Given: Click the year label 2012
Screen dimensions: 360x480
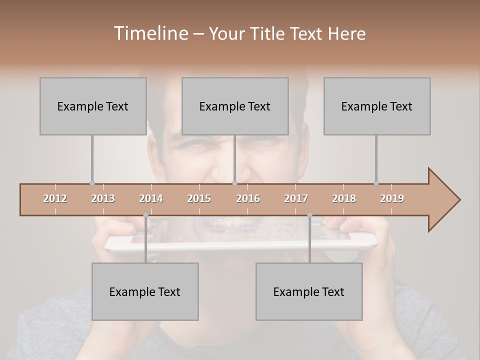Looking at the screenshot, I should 55,198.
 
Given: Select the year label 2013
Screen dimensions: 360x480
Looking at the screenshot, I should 103,198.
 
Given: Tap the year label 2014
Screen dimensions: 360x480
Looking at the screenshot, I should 151,198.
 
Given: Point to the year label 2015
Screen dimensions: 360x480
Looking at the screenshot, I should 199,198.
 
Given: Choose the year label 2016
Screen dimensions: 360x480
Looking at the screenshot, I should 248,198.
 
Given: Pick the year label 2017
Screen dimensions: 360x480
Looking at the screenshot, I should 296,198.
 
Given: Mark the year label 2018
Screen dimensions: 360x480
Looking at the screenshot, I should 344,198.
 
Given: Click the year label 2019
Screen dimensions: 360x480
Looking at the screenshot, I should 392,198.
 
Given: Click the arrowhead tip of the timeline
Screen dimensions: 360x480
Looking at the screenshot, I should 459,200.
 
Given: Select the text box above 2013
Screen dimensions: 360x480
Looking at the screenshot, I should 93,106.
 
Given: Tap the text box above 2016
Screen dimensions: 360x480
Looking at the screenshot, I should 235,106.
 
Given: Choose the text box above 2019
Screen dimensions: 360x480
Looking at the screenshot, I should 377,106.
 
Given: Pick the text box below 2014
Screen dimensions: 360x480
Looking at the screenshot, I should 145,291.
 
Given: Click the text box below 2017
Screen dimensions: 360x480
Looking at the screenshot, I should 309,291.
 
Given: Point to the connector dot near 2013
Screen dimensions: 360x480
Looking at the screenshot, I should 92,183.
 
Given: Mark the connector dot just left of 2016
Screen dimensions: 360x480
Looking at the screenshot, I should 235,183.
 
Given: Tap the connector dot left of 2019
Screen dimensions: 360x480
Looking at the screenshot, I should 376,183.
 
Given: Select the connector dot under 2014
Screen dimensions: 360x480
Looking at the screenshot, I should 145,215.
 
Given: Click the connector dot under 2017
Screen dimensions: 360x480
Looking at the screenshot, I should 309,215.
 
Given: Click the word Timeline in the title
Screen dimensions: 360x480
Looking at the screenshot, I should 150,33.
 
